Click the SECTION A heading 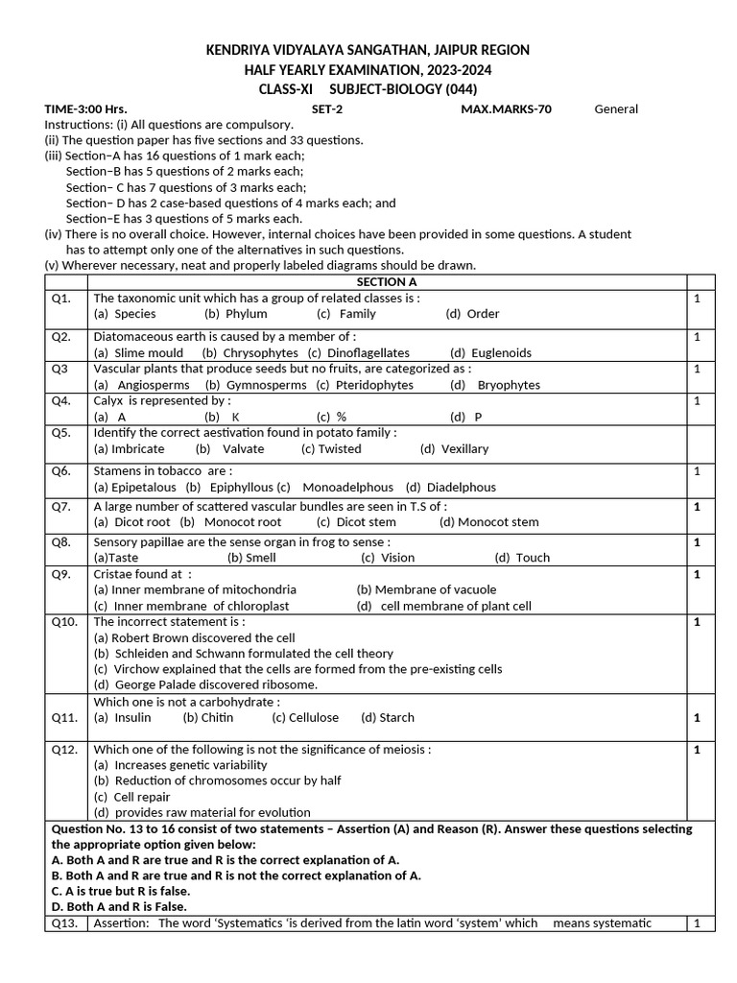(387, 282)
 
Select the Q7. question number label (61, 506)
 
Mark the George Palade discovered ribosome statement (205, 684)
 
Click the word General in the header (616, 108)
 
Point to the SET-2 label (327, 108)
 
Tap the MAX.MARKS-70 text (506, 108)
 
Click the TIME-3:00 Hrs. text (86, 108)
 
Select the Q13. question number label (65, 923)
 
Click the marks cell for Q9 (698, 574)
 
